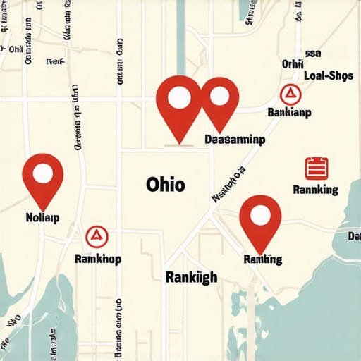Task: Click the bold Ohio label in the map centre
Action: tap(166, 185)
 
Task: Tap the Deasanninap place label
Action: tap(234, 140)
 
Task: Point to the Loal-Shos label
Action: tap(327, 77)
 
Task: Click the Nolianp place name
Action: tap(42, 216)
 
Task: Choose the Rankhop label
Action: tap(97, 259)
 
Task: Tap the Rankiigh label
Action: tap(191, 276)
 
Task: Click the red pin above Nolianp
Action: tap(43, 178)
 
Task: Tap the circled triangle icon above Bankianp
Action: tap(288, 93)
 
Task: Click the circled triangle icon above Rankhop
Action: tap(96, 237)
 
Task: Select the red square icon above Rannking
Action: tap(315, 168)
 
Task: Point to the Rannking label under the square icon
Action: tap(314, 190)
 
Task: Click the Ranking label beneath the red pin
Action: tap(262, 259)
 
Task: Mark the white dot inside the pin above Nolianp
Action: tap(43, 171)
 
